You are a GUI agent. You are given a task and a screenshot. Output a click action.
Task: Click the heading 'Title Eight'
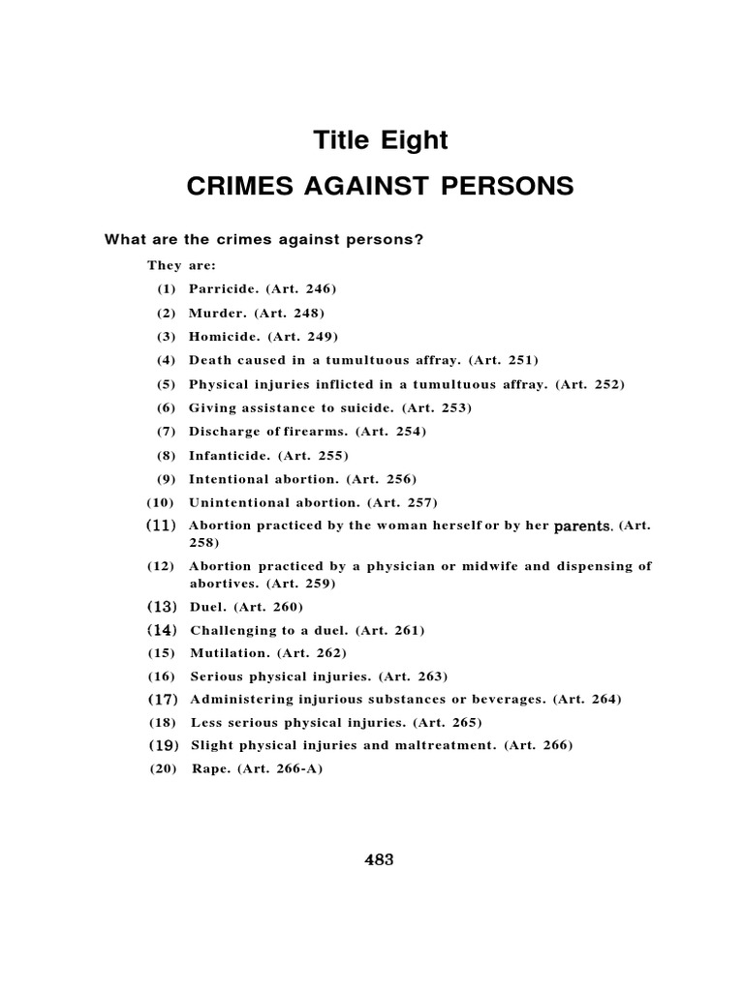click(381, 140)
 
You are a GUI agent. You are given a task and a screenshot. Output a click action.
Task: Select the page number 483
click(378, 859)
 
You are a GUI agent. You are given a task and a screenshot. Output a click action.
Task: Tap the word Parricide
click(224, 289)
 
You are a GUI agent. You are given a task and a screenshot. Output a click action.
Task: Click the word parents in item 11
click(582, 526)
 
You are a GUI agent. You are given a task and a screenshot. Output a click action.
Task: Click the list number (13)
click(163, 607)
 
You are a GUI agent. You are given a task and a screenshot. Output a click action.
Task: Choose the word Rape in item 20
click(208, 769)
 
